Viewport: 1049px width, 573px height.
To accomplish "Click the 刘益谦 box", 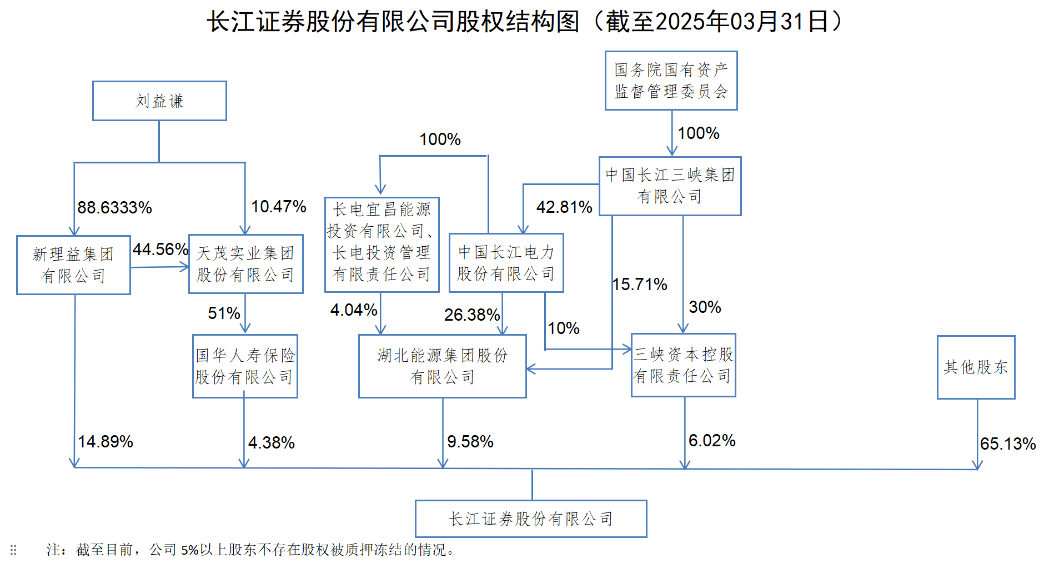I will pos(159,101).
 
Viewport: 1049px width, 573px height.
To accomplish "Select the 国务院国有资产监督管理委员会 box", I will pos(671,81).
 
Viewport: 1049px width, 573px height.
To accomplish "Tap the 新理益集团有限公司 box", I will pos(73,265).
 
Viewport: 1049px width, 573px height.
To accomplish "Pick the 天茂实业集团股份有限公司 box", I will pos(245,264).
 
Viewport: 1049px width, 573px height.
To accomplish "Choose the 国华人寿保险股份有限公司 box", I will pos(245,366).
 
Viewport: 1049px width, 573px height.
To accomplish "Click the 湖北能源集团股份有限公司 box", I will pos(442,366).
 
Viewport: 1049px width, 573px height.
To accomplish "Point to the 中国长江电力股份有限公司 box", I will pos(506,263).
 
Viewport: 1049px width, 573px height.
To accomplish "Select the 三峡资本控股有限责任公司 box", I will pos(683,365).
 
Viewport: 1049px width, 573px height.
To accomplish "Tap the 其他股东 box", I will pos(976,367).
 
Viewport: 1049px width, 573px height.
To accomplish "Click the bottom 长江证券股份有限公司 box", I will pos(531,519).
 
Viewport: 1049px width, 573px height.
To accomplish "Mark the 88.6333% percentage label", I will pos(114,208).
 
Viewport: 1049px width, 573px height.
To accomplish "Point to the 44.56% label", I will pos(160,250).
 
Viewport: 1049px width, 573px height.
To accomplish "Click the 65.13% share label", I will pos(1007,444).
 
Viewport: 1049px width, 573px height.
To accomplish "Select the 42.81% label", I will pos(564,207).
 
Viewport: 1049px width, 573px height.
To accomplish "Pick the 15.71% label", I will pos(640,285).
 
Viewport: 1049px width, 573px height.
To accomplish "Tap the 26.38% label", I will pos(472,315).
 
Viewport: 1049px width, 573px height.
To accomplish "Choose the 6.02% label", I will pos(712,441).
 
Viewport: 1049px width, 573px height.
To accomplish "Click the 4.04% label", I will pos(354,310).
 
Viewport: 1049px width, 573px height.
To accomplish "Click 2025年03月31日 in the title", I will pos(741,22).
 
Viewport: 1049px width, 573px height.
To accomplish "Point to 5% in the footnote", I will pos(189,550).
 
